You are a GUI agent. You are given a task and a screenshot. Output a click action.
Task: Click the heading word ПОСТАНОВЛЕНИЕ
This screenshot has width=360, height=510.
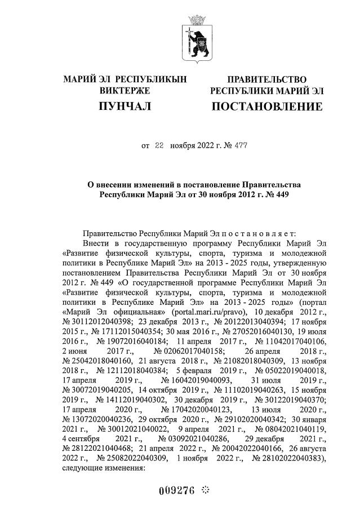click(267, 107)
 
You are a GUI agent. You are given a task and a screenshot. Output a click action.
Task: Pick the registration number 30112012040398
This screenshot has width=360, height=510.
click(99, 321)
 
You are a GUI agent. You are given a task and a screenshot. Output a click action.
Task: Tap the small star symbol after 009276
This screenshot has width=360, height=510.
click(205, 490)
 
